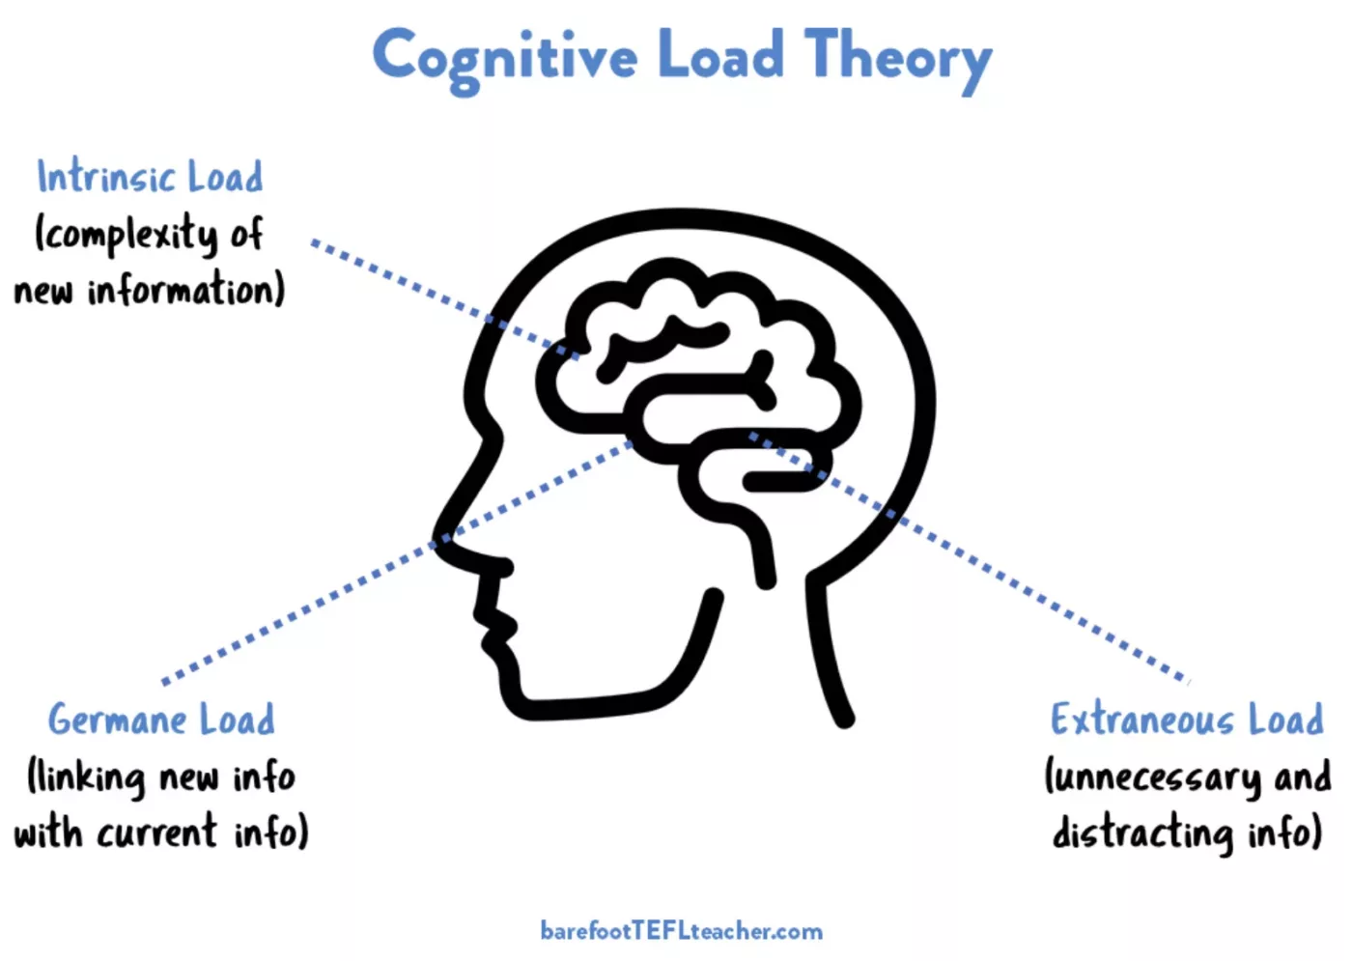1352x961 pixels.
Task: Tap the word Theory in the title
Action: point(898,56)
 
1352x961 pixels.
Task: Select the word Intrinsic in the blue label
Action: point(106,177)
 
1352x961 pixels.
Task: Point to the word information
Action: point(186,290)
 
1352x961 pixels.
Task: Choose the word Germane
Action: point(118,720)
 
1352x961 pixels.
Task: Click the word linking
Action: point(87,777)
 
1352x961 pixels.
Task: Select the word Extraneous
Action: point(1142,720)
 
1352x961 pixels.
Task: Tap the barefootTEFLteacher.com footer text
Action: point(681,931)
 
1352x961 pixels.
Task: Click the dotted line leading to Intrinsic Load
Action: point(406,280)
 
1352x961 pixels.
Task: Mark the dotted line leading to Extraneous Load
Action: point(1043,599)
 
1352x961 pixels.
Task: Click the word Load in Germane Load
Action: point(238,720)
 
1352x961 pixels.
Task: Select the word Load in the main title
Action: point(720,56)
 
